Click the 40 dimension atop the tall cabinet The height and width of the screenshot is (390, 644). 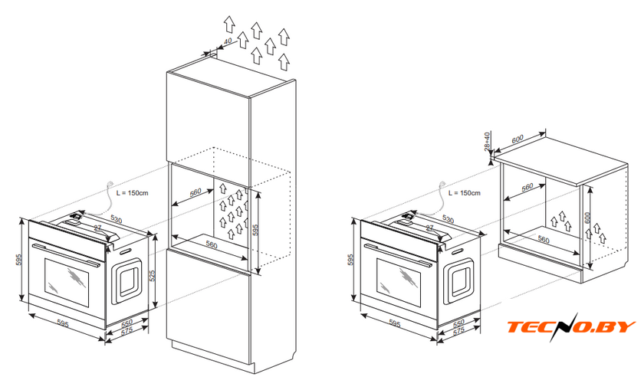pos(228,43)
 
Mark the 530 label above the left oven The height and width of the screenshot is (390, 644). pos(116,219)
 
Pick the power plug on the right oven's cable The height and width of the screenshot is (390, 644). pos(444,183)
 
